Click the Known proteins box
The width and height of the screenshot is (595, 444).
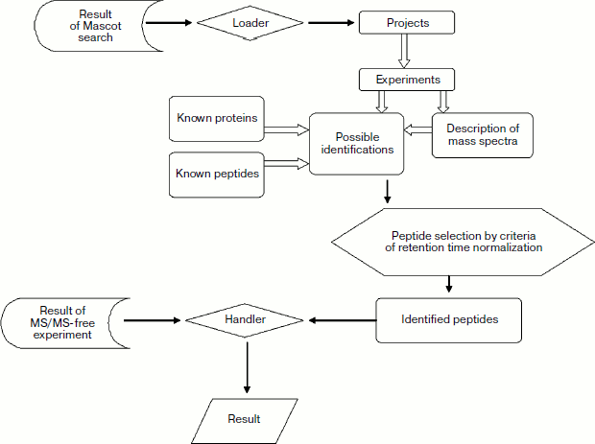pyautogui.click(x=216, y=120)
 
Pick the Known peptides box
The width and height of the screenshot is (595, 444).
pyautogui.click(x=216, y=175)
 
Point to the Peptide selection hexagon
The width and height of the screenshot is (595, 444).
pyautogui.click(x=453, y=242)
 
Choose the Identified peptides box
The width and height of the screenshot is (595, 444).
pyautogui.click(x=449, y=319)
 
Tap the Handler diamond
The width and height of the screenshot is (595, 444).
pyautogui.click(x=246, y=319)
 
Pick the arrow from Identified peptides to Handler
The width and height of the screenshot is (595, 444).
pyautogui.click(x=341, y=320)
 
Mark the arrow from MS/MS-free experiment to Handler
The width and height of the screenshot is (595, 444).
pyautogui.click(x=154, y=320)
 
